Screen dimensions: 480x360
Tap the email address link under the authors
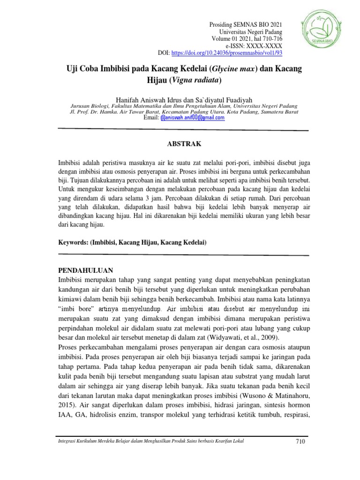tap(192, 118)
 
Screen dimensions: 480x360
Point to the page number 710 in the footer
tap(301, 442)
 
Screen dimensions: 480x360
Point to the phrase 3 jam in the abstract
tap(148, 198)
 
